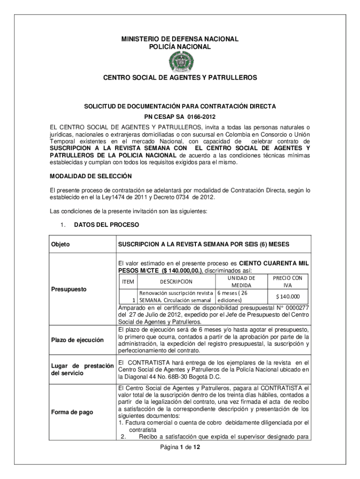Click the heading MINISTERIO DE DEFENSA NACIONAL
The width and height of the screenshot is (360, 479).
click(x=180, y=39)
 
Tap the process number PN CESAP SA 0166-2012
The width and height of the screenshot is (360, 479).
click(x=180, y=117)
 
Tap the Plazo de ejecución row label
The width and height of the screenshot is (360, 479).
click(x=77, y=340)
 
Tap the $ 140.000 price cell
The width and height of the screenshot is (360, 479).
click(x=288, y=296)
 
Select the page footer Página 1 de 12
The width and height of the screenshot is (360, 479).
click(x=180, y=448)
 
